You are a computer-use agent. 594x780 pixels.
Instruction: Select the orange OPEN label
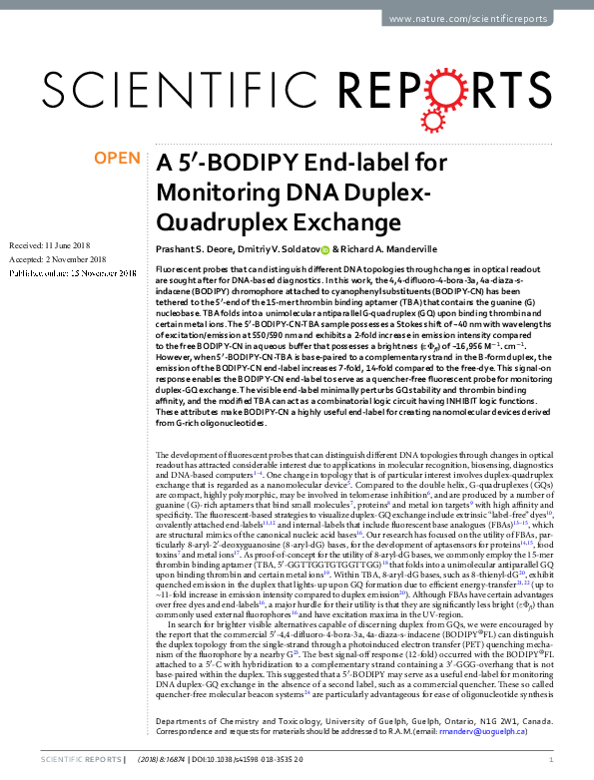[117, 158]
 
